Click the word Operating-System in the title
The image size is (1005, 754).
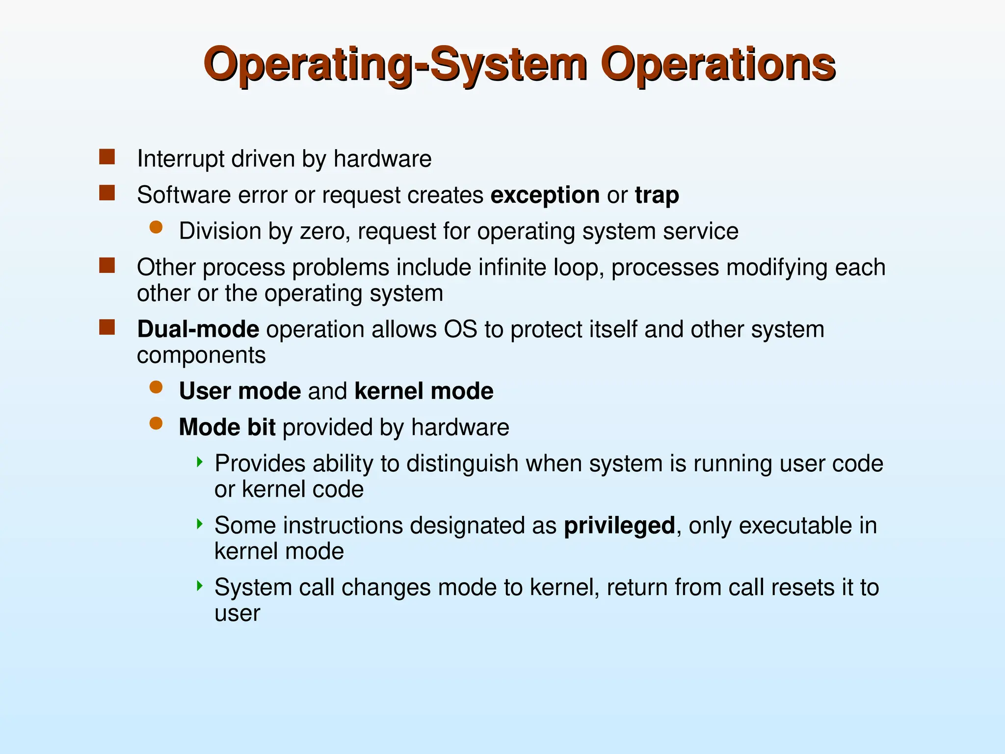(395, 65)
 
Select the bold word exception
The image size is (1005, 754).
(545, 195)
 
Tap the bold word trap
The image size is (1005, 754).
(657, 195)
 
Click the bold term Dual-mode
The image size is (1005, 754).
(198, 329)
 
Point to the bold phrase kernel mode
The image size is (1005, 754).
(423, 391)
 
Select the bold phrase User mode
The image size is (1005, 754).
(239, 391)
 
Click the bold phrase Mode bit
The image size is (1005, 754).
(227, 428)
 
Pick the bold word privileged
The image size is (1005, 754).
(619, 526)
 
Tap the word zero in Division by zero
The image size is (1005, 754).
(322, 231)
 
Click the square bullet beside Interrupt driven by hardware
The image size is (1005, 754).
(107, 157)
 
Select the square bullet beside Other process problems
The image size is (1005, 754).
(107, 266)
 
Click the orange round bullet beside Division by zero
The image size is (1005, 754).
(156, 227)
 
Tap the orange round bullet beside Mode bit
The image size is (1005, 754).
(156, 424)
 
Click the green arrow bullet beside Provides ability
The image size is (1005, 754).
(199, 462)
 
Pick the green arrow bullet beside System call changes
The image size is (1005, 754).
(199, 586)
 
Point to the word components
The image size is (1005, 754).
(201, 355)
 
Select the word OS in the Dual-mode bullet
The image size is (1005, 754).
(460, 329)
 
